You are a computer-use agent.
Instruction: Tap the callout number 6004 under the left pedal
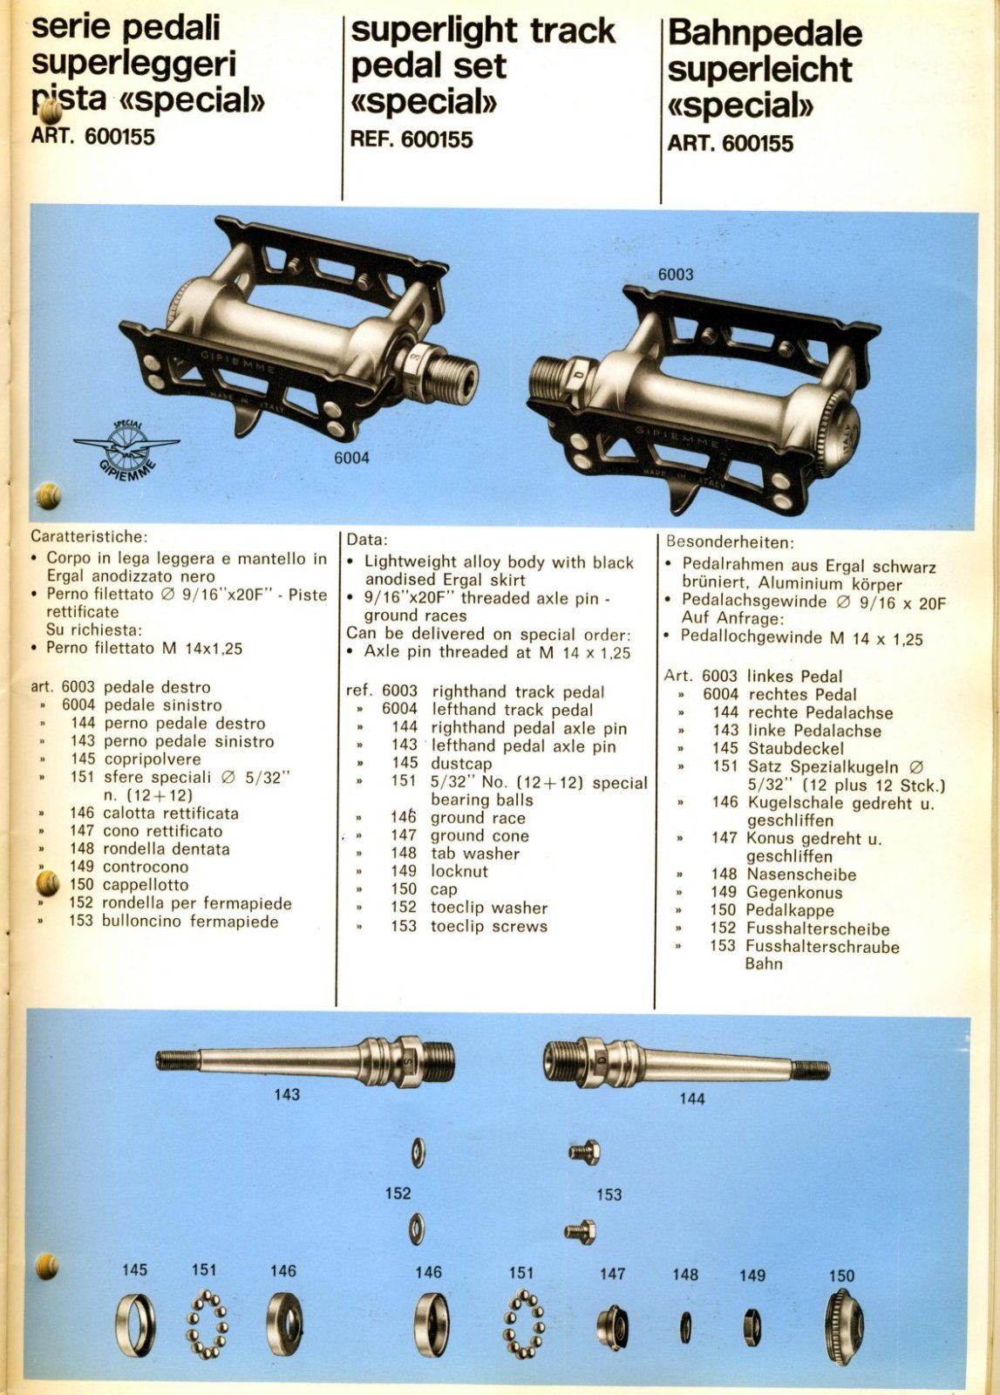(351, 458)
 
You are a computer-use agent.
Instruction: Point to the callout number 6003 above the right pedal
(676, 274)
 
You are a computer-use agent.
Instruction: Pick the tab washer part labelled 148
(685, 1327)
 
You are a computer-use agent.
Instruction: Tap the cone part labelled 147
(612, 1327)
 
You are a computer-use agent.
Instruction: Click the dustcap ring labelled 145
(136, 1327)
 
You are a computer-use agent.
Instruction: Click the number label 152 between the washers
(398, 1193)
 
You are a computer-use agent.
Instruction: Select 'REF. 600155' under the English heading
(411, 139)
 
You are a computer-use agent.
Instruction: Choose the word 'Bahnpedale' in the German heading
(765, 34)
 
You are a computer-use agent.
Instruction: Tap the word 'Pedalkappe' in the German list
(790, 910)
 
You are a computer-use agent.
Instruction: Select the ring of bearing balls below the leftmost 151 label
(207, 1327)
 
